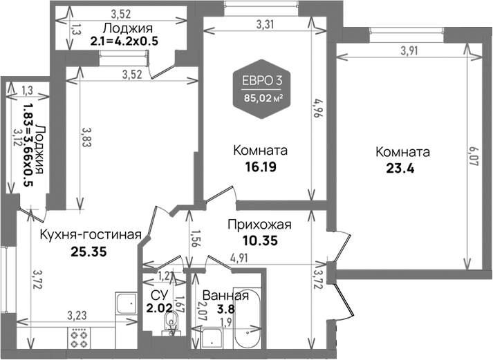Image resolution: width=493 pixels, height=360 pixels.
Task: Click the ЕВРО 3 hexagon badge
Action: click(262, 88)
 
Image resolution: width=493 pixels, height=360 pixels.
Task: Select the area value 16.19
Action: click(260, 167)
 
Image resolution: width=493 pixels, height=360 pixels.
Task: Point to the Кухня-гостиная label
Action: click(91, 235)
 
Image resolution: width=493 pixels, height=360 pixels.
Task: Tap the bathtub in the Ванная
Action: click(248, 321)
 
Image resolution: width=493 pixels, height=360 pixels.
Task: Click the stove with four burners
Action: click(80, 339)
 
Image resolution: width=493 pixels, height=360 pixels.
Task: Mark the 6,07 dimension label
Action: click(473, 156)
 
